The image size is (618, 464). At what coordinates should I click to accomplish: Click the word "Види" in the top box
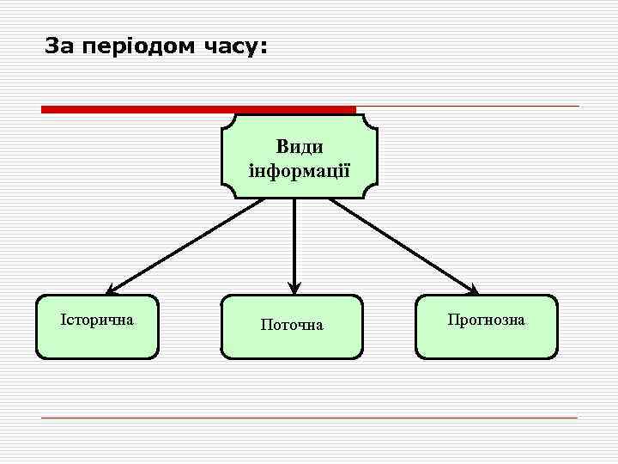pos(300,146)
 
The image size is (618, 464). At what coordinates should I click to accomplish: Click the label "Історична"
pos(97,320)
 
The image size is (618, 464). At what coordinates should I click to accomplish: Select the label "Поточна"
pos(292,325)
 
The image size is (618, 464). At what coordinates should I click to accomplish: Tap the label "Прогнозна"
pos(486,320)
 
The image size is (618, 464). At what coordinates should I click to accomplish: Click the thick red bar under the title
pos(197,109)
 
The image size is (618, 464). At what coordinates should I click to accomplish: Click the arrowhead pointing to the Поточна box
pos(294,289)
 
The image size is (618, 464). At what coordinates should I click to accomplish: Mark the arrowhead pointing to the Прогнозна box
pos(473,290)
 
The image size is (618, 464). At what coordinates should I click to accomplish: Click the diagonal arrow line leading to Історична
pos(185,246)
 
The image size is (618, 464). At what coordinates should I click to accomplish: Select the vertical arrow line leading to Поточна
pos(294,241)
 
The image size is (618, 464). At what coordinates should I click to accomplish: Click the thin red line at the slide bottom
pos(309,418)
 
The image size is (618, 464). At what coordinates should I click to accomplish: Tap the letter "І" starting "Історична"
pos(63,320)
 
